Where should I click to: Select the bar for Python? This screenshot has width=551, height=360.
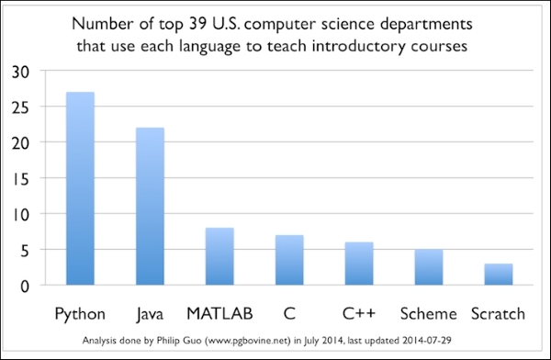click(80, 188)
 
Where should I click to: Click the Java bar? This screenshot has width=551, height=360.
click(150, 207)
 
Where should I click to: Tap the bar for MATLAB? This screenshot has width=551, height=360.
click(219, 256)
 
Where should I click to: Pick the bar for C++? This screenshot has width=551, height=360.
click(359, 264)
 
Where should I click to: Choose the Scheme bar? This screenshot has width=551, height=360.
click(429, 267)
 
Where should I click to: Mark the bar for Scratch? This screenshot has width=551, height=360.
click(499, 275)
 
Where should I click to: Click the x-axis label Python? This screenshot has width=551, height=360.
click(80, 314)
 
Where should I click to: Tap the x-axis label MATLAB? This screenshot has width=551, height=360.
click(219, 313)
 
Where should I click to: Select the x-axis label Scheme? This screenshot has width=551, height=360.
click(428, 313)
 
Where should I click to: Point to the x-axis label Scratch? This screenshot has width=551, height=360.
click(498, 313)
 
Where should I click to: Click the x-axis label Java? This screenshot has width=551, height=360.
click(150, 314)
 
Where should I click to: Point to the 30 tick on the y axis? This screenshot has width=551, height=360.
click(21, 73)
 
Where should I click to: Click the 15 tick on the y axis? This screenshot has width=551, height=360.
click(21, 180)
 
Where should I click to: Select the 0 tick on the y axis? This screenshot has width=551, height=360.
click(25, 287)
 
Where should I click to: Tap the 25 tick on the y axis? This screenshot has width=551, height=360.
click(21, 108)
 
